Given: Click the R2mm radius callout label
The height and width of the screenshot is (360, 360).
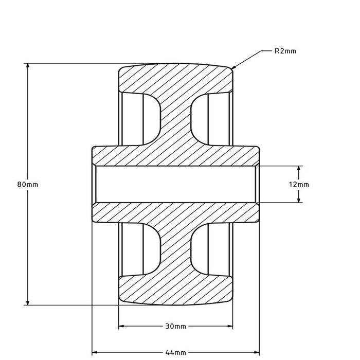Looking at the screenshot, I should pyautogui.click(x=285, y=51).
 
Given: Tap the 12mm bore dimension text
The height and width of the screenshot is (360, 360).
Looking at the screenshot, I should pyautogui.click(x=300, y=184).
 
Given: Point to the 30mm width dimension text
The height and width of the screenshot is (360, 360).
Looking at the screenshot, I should pyautogui.click(x=175, y=326).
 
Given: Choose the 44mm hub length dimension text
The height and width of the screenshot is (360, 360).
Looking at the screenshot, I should pyautogui.click(x=176, y=352).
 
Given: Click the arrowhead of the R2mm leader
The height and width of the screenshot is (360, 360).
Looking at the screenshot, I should pyautogui.click(x=232, y=68).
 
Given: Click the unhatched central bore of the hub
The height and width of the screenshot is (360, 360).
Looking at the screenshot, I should pyautogui.click(x=175, y=184).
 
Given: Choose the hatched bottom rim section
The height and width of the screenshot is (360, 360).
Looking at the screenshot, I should pyautogui.click(x=175, y=291).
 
